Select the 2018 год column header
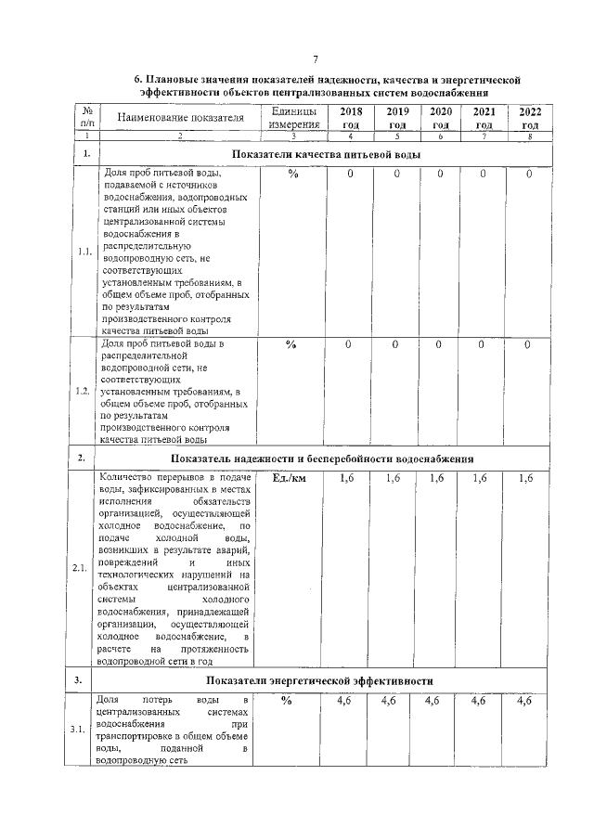(351, 118)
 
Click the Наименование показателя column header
(180, 118)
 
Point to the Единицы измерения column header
(293, 118)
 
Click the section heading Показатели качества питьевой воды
(327, 153)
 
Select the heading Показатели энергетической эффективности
(327, 680)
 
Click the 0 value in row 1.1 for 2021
(483, 174)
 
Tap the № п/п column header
(85, 118)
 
